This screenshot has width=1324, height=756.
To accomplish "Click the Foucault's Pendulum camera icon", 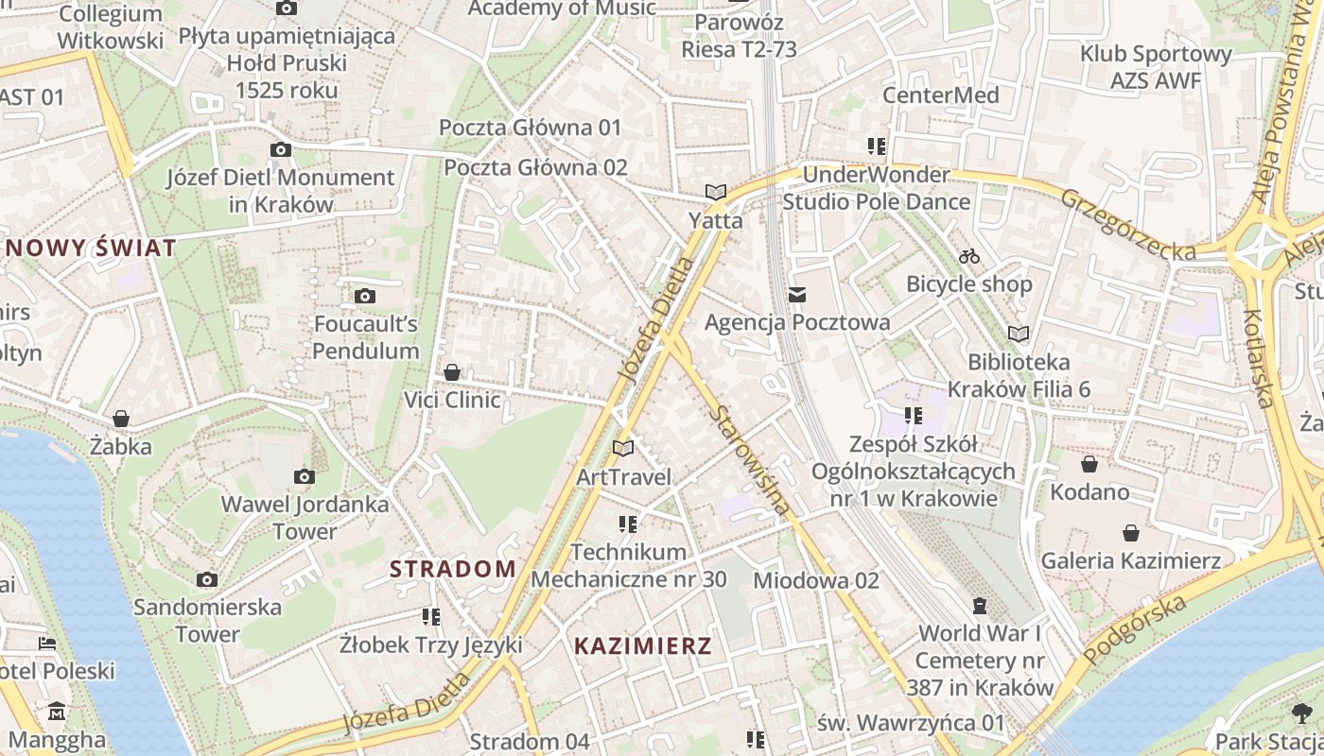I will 365,297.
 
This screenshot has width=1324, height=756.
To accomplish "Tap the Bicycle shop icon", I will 969,256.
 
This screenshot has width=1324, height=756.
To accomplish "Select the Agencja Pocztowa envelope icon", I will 797,295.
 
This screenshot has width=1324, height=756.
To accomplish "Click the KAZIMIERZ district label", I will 642,646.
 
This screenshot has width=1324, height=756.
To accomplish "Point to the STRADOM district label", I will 453,569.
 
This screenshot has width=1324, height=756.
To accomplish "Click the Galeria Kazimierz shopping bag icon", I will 1130,533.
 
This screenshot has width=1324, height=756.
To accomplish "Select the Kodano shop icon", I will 1089,464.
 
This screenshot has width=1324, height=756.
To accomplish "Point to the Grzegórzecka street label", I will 1127,225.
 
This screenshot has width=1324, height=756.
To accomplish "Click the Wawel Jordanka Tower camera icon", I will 304,476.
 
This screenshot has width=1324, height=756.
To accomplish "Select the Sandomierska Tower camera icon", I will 207,579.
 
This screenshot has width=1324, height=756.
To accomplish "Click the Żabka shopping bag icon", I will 121,419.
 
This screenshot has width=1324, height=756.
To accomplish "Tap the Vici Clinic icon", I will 452,372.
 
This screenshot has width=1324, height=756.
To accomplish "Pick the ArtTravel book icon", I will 623,448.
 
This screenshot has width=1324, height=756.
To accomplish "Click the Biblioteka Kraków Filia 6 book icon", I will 1019,334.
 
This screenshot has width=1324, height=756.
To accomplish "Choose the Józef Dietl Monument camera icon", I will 280,149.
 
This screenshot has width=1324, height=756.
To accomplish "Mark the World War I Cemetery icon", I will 980,605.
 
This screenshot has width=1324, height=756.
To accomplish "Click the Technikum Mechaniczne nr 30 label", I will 628,565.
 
